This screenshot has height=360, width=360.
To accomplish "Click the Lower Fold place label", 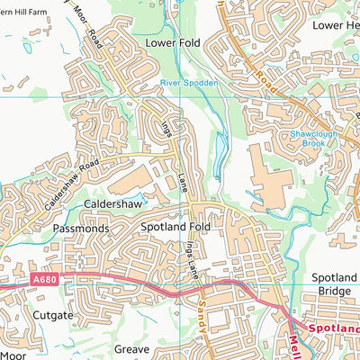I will (171, 42).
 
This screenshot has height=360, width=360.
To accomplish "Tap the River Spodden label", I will (185, 83).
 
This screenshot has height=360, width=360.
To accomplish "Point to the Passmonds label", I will (81, 229).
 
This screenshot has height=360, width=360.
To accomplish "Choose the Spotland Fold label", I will (175, 228).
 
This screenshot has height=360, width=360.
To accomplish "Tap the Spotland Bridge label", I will (334, 286).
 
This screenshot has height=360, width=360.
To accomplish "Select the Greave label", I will (131, 348).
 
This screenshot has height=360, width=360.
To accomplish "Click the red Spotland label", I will (334, 329).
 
